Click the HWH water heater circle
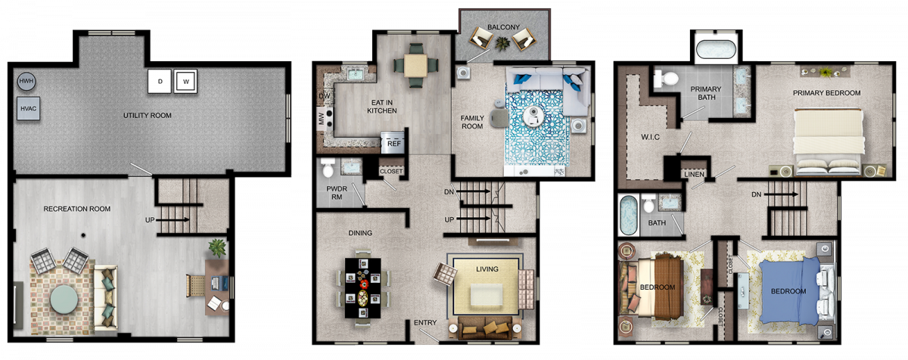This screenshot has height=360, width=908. (26, 82)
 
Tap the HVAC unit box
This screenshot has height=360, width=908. (29, 108)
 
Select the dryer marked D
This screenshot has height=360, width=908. (160, 82)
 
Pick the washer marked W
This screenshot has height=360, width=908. (185, 82)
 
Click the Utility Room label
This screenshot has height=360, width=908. (147, 116)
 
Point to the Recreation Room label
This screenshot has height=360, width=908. (77, 209)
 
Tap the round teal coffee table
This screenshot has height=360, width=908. (64, 299)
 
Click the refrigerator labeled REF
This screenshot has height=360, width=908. (393, 142)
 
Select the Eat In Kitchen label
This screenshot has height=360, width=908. (382, 107)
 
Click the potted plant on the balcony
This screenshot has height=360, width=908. (502, 43)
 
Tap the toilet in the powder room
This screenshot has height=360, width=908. (328, 168)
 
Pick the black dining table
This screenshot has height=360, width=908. (362, 288)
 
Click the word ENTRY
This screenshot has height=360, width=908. (425, 323)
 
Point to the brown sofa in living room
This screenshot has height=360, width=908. (485, 328)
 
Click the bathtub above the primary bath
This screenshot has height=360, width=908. (716, 50)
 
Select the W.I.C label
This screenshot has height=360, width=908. (650, 138)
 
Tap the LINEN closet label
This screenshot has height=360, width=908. (694, 175)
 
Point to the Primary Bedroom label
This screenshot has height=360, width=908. (826, 93)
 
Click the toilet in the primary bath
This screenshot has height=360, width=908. (665, 78)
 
